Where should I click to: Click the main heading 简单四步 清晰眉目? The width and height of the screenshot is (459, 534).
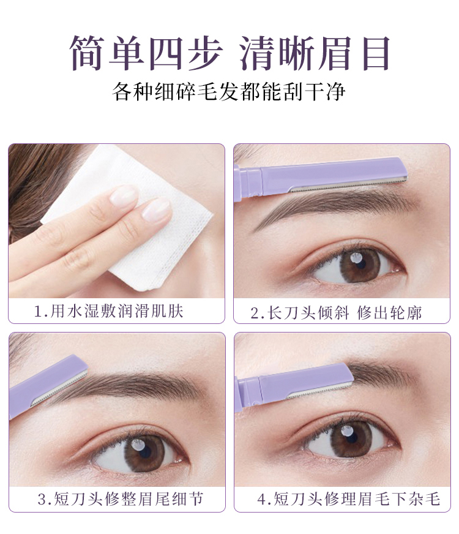click(229, 53)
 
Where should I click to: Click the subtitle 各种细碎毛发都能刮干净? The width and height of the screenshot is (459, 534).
click(229, 91)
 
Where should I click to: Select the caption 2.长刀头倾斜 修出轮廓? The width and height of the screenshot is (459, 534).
click(336, 314)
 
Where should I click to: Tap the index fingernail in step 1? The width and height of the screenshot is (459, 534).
click(125, 195)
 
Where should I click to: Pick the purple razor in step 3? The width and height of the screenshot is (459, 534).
click(46, 386)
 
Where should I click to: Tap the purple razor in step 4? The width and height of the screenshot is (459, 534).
click(294, 383)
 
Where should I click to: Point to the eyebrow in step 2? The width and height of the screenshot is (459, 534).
click(330, 205)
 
